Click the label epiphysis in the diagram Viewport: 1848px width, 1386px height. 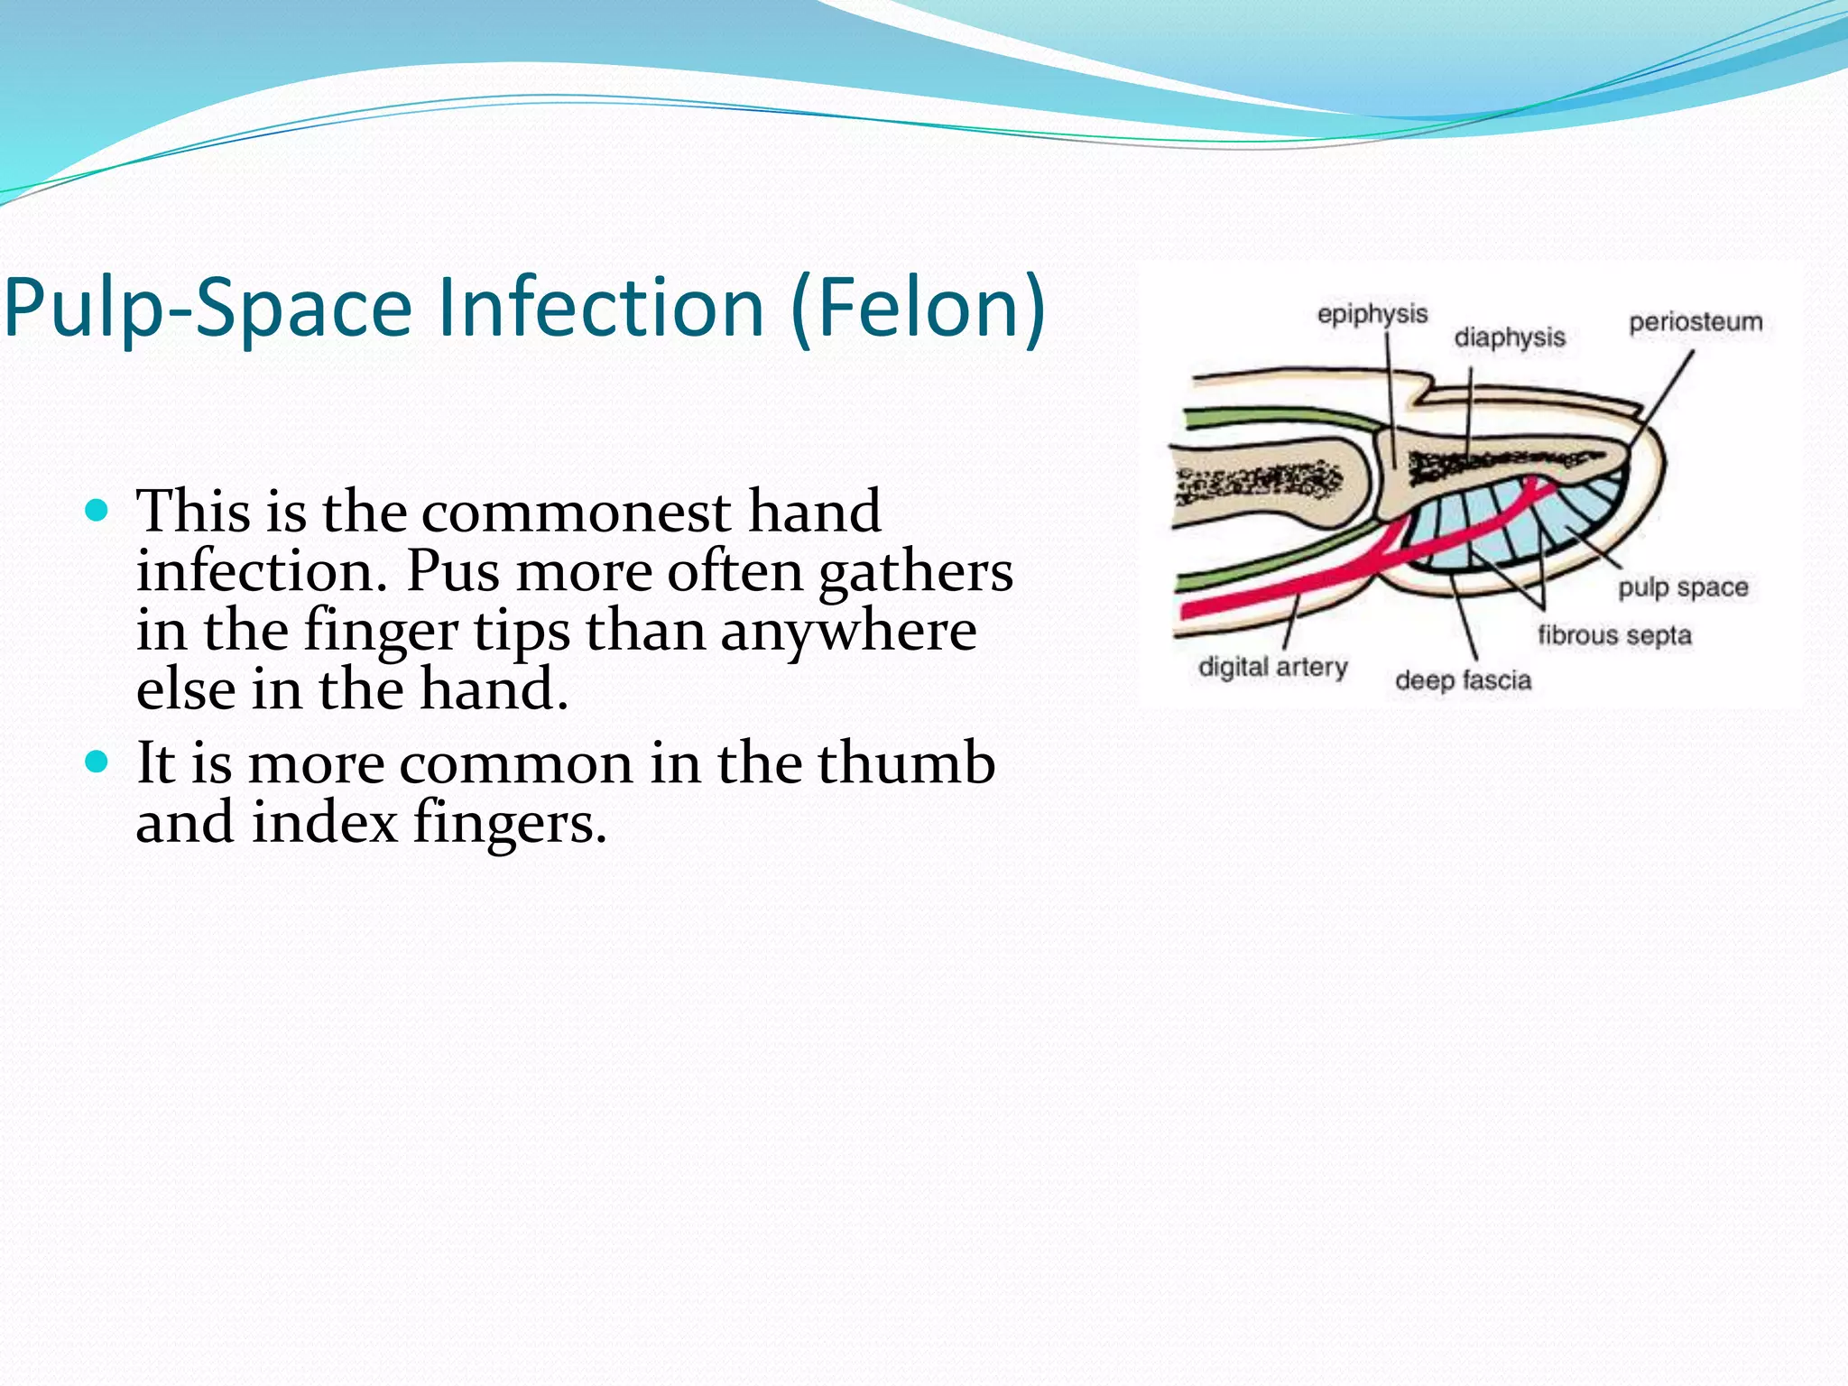[x=1372, y=314]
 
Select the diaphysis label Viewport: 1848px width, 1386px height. [x=1509, y=337]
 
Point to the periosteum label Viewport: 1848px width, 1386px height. [x=1695, y=322]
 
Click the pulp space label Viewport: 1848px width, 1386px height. [x=1682, y=587]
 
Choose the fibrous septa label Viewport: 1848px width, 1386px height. [x=1613, y=635]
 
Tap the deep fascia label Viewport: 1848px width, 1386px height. [x=1463, y=679]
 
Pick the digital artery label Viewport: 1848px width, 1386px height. [x=1272, y=667]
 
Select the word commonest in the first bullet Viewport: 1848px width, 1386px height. [x=576, y=513]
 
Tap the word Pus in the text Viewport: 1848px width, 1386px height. [x=452, y=572]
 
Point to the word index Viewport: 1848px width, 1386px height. [x=324, y=823]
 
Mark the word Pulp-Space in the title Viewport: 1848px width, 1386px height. [x=208, y=309]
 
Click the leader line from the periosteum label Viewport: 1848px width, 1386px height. [x=1662, y=401]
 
